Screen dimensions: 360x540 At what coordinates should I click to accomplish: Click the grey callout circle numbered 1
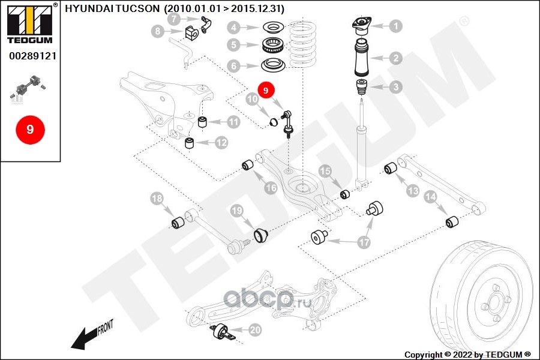coord(395,26)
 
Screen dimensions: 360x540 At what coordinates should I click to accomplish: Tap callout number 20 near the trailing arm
coord(255,329)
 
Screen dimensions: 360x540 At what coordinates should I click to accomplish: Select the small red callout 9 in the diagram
coord(266,89)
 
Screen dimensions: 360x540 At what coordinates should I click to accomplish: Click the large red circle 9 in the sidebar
coord(29,129)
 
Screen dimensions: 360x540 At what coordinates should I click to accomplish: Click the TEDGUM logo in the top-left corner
coord(29,24)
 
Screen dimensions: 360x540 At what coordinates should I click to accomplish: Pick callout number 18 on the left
coord(157,199)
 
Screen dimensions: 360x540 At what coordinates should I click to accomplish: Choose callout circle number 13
coord(413,191)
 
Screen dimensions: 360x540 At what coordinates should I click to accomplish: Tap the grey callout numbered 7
coord(173,19)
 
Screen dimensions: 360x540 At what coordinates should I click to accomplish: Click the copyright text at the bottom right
coord(467,354)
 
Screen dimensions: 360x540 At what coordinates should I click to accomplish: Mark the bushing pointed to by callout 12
coord(190,142)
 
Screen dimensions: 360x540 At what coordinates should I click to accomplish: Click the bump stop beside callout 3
coord(361,87)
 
